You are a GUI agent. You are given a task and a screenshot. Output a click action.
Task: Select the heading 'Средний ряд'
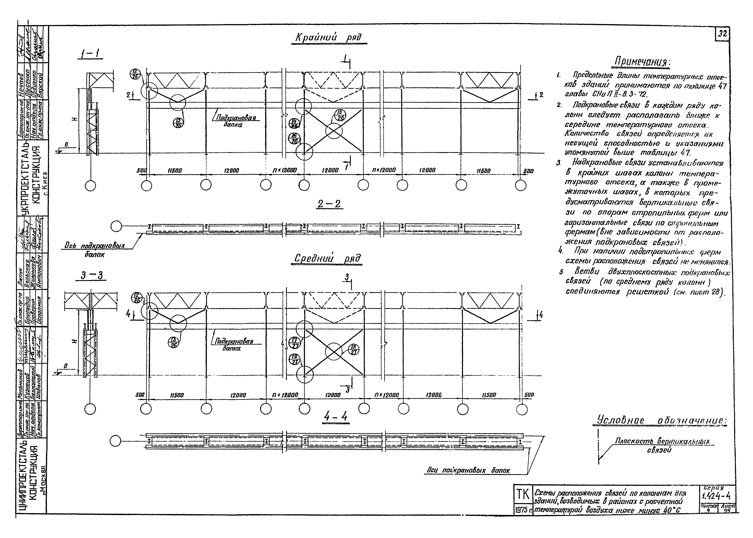327,259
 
